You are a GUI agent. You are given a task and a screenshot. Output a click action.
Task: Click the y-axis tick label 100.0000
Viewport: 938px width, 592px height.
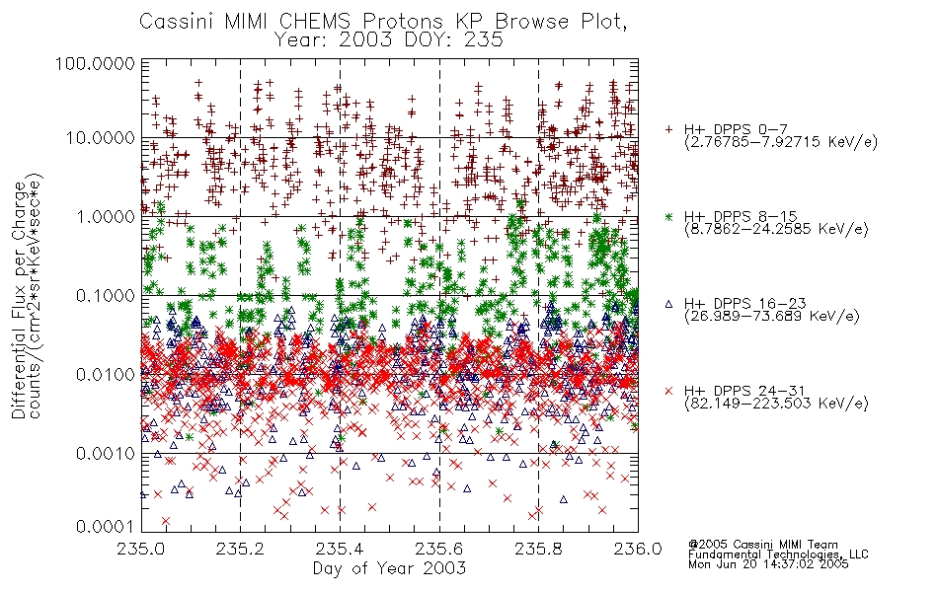[95, 63]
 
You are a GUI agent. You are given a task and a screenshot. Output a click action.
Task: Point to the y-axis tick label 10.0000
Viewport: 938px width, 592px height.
[101, 137]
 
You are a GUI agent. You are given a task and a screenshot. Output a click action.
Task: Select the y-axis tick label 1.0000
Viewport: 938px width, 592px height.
[106, 216]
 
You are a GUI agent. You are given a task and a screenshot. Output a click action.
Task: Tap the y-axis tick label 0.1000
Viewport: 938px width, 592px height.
[106, 295]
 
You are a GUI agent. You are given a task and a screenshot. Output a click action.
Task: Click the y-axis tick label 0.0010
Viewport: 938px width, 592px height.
[106, 453]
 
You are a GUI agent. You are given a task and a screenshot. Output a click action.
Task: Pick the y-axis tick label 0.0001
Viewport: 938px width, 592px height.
[106, 526]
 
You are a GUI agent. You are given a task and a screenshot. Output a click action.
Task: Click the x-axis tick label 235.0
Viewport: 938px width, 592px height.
[142, 549]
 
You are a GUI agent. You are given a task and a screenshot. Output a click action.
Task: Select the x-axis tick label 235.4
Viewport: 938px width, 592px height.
[340, 549]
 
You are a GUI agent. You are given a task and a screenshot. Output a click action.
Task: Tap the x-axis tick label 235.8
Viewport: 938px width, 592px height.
[538, 549]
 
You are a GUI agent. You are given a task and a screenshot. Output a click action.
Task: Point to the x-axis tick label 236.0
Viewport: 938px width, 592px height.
[638, 549]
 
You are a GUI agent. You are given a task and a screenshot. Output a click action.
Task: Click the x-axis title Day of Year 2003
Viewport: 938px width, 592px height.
[389, 568]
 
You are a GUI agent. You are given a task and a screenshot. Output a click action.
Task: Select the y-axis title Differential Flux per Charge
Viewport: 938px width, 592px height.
[19, 300]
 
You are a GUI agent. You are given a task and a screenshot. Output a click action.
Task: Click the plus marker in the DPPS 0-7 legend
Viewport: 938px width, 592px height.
[668, 129]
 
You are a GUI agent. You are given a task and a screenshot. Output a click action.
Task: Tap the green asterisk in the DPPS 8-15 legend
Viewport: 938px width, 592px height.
[668, 216]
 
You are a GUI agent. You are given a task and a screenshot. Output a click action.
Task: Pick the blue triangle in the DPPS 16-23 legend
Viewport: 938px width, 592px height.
[668, 304]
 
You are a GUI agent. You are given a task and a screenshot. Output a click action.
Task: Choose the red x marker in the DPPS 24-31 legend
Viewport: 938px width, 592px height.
[668, 391]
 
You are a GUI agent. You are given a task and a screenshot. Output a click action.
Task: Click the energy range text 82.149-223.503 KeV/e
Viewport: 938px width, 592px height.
[776, 404]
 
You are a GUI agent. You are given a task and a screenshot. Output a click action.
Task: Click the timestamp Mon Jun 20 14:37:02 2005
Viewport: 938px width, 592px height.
[768, 564]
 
